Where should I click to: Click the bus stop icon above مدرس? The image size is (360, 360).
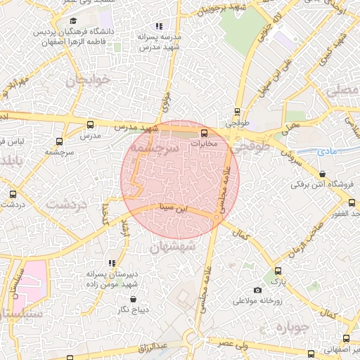pyautogui.click(x=89, y=124)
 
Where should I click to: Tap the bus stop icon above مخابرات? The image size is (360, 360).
pyautogui.click(x=204, y=132)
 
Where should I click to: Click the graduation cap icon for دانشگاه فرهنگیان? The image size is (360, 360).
pyautogui.click(x=72, y=20)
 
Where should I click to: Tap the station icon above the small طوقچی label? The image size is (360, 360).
pyautogui.click(x=237, y=111)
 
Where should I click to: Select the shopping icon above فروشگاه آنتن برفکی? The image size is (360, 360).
pyautogui.click(x=322, y=174)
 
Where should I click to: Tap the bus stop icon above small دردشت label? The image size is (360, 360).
pyautogui.click(x=13, y=194)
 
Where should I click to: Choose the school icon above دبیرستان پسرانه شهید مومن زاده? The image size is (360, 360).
pyautogui.click(x=112, y=262)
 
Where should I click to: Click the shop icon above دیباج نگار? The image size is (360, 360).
pyautogui.click(x=134, y=299)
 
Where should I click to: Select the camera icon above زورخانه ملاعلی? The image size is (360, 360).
pyautogui.click(x=257, y=290)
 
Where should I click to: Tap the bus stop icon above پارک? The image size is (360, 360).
pyautogui.click(x=278, y=270)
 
